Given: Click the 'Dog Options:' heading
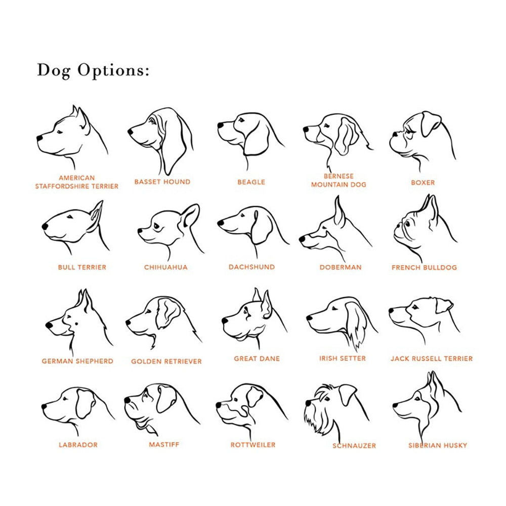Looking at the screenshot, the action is coord(93,70).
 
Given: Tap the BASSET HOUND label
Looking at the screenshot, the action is coord(162,182).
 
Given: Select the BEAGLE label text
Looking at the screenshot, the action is coord(251,182).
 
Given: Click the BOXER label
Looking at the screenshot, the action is coord(423,183).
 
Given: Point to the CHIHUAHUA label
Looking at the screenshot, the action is coord(166,267).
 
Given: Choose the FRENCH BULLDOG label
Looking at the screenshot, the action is coord(425,268).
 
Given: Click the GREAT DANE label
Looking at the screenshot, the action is coord(257,359).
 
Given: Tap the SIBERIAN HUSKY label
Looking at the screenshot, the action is coord(438,446).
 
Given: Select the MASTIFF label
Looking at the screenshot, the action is coord(164,445).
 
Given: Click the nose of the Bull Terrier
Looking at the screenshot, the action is coord(45,227).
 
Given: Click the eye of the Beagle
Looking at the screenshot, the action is coord(241,120).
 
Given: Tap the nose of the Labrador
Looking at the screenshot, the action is coord(44,406).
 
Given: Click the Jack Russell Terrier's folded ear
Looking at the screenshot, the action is coord(444,306).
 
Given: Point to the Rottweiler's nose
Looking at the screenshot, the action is coord(219,405).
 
